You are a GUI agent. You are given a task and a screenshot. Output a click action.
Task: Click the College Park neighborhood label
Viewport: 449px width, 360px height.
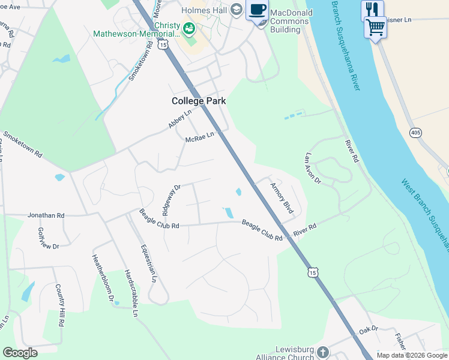click(199, 101)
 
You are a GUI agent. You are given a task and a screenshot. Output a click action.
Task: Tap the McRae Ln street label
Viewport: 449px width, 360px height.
click(200, 137)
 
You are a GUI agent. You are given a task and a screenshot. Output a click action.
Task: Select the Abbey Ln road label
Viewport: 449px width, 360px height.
click(179, 118)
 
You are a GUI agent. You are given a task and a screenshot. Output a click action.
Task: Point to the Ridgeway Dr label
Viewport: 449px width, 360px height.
click(171, 199)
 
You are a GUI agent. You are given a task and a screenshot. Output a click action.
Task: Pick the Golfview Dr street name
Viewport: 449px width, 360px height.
click(49, 238)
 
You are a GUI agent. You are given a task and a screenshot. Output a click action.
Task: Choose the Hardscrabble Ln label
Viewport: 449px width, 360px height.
click(130, 292)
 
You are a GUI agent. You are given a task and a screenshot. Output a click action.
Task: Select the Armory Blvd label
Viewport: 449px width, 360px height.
click(282, 199)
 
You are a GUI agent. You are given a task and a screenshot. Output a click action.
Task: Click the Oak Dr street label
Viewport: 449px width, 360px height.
click(369, 329)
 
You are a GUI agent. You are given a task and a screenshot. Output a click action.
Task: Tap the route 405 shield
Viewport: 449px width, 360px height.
click(415, 131)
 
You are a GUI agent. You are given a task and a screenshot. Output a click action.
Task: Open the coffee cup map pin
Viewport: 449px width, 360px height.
click(258, 10)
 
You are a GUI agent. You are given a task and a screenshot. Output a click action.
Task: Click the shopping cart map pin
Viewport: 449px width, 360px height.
click(375, 26)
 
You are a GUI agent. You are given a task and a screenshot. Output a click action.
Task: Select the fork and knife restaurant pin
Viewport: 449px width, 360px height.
click(372, 10)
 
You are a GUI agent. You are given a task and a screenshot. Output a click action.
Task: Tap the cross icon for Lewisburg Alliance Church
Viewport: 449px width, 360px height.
click(323, 352)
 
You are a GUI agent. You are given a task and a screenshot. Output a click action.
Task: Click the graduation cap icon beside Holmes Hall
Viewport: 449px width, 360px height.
click(236, 9)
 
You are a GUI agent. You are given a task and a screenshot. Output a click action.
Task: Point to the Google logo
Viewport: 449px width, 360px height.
click(20, 353)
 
